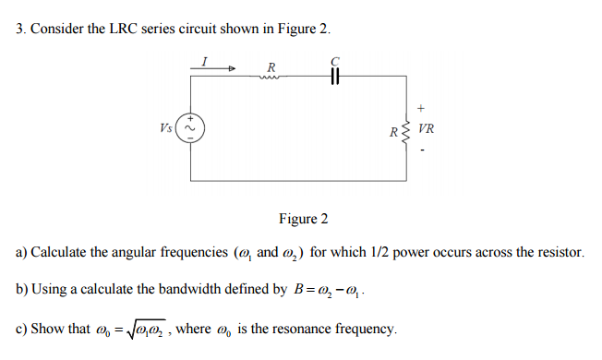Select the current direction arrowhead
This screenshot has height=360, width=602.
point(233,68)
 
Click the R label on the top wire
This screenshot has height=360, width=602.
point(271,66)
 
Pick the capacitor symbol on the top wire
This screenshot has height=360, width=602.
point(336,77)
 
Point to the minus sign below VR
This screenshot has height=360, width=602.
point(424,150)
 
